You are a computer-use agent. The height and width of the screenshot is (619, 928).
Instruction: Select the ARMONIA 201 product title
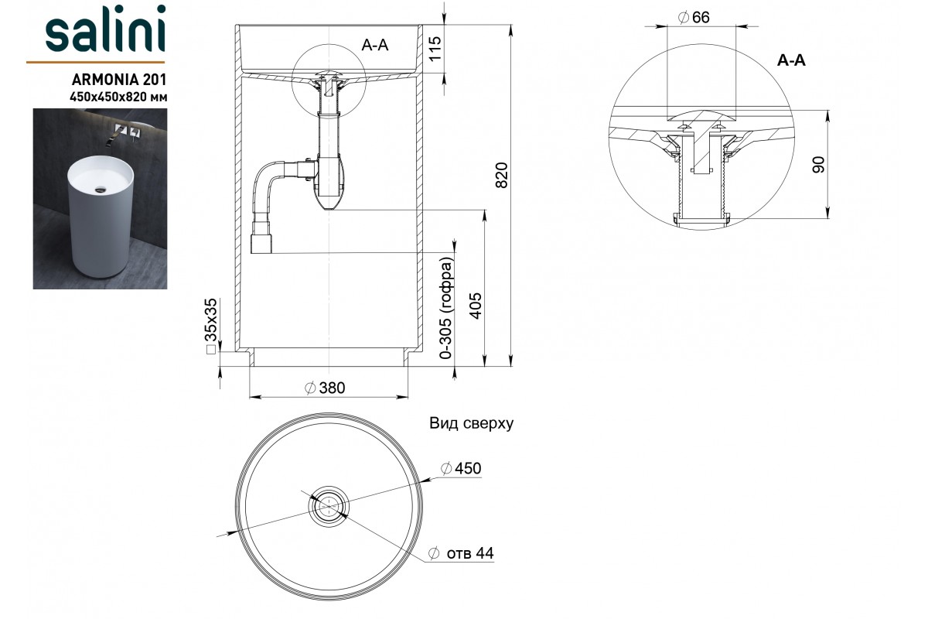coord(119,79)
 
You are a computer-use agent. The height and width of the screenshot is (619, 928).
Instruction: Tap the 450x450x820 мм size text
coord(118,97)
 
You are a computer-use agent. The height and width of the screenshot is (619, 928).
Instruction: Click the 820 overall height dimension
coord(502,176)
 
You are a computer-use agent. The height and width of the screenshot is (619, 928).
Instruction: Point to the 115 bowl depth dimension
coord(435,49)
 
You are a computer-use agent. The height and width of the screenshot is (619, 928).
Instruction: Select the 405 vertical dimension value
coord(476,306)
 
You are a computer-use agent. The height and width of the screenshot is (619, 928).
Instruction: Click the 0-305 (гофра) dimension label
coord(447,308)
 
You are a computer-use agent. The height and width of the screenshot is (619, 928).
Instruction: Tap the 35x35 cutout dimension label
coord(211,326)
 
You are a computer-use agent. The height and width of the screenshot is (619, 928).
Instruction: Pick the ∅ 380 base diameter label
coord(325,388)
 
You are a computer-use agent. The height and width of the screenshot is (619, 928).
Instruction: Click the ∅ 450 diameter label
coord(461,468)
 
